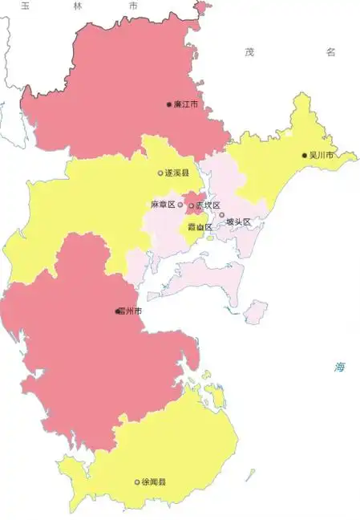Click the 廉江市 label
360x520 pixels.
[x=185, y=104]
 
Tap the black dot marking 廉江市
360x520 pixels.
[x=168, y=104]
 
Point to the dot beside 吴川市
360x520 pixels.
[x=304, y=155]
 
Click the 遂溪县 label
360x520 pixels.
[x=176, y=173]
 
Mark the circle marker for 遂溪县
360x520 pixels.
[x=160, y=173]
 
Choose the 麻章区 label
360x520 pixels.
[x=163, y=205]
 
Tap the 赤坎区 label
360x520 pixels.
[x=208, y=205]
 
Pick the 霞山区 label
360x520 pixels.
[x=200, y=227]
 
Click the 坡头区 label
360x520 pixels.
[x=238, y=221]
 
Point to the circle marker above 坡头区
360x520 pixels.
[x=222, y=214]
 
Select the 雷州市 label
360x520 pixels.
[x=131, y=311]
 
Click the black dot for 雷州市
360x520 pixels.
[x=117, y=311]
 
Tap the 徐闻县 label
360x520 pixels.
[x=153, y=482]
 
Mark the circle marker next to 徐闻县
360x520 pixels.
[x=137, y=482]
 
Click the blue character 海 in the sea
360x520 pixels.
[x=341, y=368]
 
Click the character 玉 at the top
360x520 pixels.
[x=26, y=6]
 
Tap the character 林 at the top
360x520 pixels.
[x=77, y=6]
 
